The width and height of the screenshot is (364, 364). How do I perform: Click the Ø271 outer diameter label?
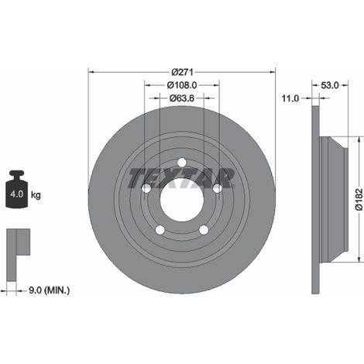[x=182, y=72]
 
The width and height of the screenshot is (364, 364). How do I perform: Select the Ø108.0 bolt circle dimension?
[x=182, y=85]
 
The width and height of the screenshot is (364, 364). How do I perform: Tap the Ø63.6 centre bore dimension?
[x=182, y=98]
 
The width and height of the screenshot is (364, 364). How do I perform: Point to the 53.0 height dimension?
[x=330, y=85]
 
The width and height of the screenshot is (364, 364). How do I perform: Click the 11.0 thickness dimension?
[x=290, y=98]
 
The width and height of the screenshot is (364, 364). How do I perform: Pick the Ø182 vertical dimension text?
[x=359, y=200]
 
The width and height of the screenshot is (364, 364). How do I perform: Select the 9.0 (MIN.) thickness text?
[x=49, y=290]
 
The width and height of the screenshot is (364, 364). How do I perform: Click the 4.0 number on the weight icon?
[x=17, y=194]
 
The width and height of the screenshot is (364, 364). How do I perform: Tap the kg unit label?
[x=36, y=195]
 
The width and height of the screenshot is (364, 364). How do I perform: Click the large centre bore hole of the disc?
[x=182, y=200]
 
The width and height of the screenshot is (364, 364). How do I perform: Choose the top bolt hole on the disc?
[x=182, y=163]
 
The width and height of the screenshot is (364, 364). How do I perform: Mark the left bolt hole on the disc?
[x=146, y=189]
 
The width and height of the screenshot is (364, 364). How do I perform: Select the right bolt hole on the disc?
[x=218, y=188]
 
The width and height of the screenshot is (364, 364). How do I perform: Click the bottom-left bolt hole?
[x=160, y=230]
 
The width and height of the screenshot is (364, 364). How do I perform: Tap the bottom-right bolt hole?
[x=204, y=230]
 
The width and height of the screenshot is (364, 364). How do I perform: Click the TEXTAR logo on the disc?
[x=181, y=178]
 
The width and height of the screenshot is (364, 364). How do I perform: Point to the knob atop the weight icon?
[x=16, y=173]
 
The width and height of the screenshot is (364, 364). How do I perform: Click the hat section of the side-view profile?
[x=334, y=200]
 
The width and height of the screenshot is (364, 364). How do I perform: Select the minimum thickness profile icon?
[x=18, y=254]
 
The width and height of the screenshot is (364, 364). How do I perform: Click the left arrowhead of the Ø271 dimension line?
[x=91, y=72]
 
